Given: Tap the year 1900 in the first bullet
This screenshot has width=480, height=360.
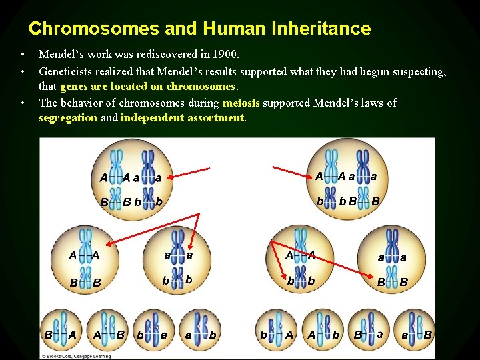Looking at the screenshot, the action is [223, 54].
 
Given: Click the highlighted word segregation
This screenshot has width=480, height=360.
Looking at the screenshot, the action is [68, 118].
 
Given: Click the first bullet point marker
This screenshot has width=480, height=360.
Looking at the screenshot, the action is [22, 54].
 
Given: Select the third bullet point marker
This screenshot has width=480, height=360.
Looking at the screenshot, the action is [22, 103].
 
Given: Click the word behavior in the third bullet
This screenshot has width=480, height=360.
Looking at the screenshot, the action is [81, 103].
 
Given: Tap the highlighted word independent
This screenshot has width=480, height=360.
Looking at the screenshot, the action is [150, 118].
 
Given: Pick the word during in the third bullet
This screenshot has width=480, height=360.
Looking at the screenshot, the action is [203, 103].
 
